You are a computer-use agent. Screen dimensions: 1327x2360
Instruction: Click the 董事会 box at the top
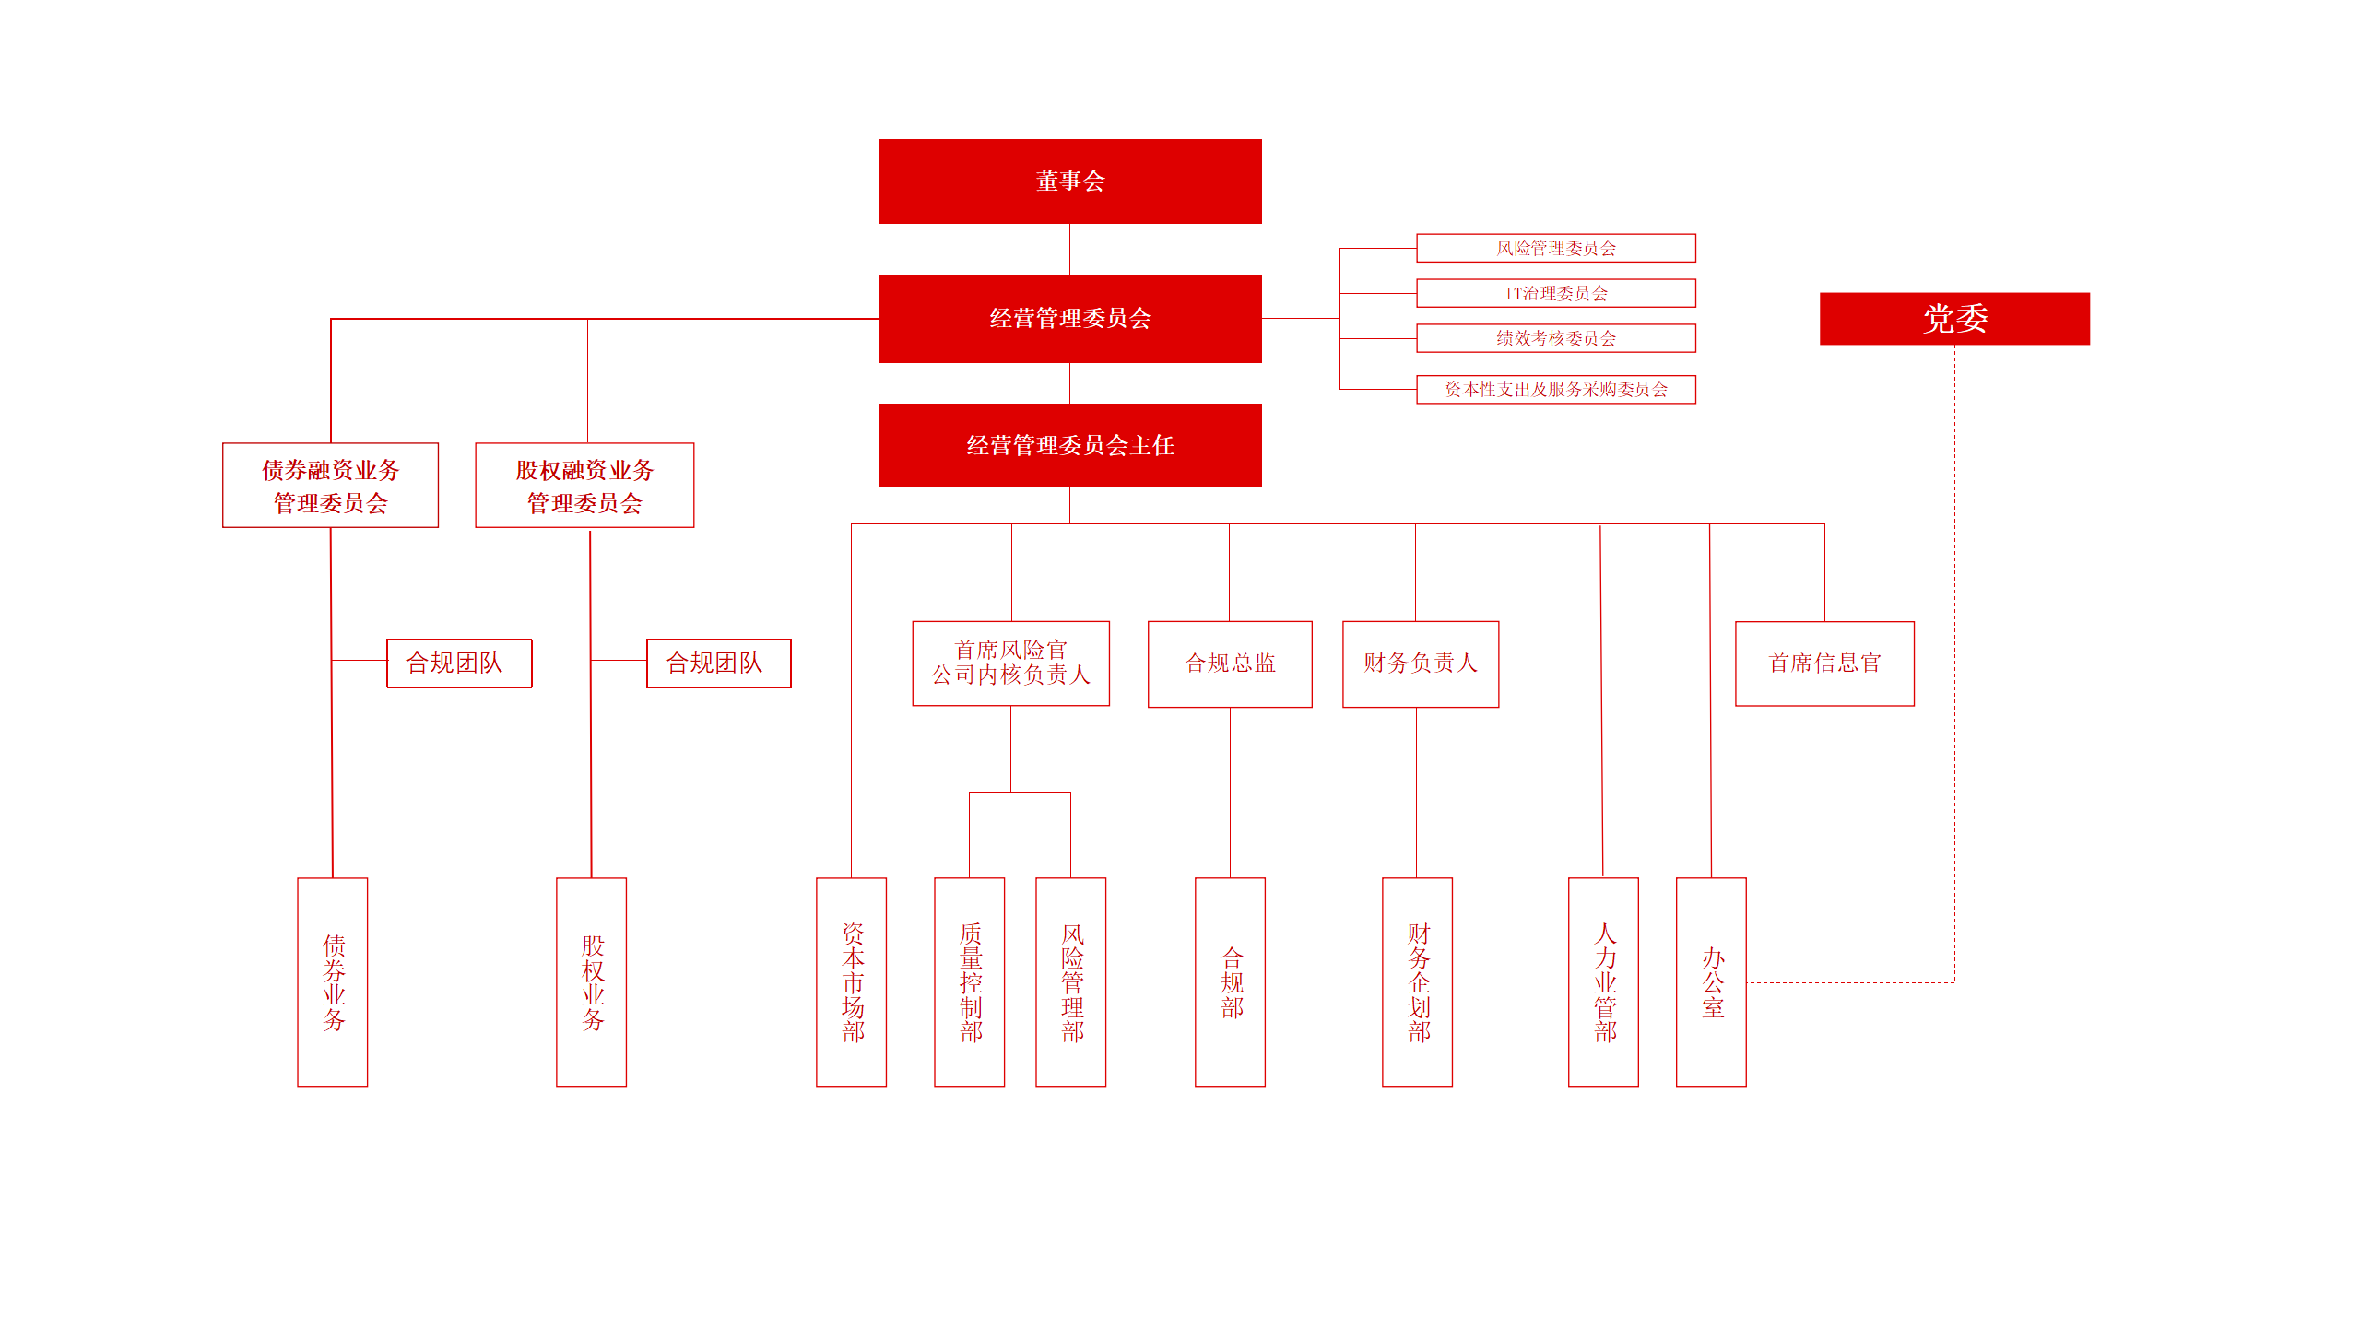click(x=1069, y=182)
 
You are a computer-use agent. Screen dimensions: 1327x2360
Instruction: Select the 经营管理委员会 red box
click(x=1069, y=319)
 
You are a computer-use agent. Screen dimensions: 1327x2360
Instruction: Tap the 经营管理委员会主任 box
click(x=1069, y=446)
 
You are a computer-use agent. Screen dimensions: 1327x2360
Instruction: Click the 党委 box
click(x=1954, y=319)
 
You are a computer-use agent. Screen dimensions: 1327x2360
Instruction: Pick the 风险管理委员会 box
click(x=1555, y=248)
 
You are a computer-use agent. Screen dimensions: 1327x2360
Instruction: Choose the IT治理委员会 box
click(x=1555, y=293)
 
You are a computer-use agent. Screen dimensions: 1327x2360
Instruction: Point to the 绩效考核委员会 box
click(x=1555, y=338)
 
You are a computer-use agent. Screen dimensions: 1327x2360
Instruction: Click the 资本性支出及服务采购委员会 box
click(x=1555, y=389)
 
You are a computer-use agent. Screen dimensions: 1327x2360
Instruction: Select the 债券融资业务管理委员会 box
click(x=330, y=486)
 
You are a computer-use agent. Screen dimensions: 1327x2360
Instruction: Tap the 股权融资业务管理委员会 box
click(x=584, y=486)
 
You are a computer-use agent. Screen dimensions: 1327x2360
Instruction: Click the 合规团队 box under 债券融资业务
click(x=459, y=663)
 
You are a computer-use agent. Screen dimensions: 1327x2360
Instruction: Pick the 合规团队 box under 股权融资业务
click(x=718, y=663)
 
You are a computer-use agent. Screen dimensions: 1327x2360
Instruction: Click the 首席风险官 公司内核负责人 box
click(x=1010, y=663)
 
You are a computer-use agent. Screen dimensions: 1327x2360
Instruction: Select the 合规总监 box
click(x=1230, y=663)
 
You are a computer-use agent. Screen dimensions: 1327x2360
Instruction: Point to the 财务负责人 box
click(x=1420, y=663)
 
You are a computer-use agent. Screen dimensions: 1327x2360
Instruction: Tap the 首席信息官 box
click(x=1824, y=663)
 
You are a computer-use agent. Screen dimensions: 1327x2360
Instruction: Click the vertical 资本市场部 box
click(x=851, y=982)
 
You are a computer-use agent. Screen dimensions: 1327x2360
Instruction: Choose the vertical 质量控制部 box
click(x=969, y=982)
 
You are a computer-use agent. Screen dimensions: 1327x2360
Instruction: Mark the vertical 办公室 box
click(x=1711, y=982)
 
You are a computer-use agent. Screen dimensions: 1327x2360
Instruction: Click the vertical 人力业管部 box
click(x=1603, y=982)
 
